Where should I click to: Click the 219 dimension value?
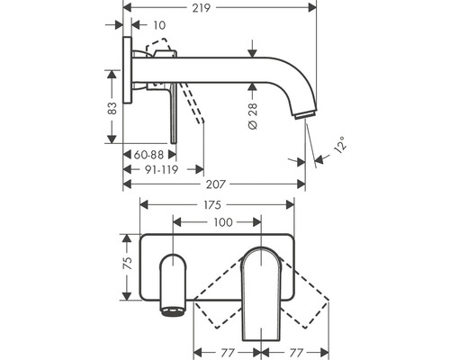(202, 8)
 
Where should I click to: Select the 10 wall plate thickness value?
(159, 25)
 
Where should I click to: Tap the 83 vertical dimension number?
(112, 108)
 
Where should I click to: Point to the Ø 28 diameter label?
(253, 116)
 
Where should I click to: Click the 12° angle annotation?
(341, 145)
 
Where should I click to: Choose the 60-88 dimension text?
(148, 155)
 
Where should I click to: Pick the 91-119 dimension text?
(161, 170)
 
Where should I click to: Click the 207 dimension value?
(215, 184)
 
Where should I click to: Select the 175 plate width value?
(212, 205)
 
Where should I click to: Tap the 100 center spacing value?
(223, 222)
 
